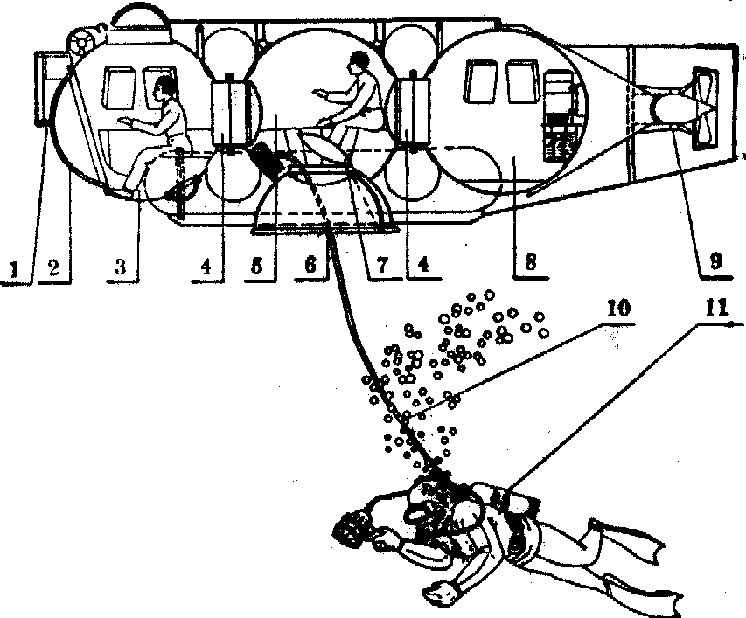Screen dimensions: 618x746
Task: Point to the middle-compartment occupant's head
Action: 357,62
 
